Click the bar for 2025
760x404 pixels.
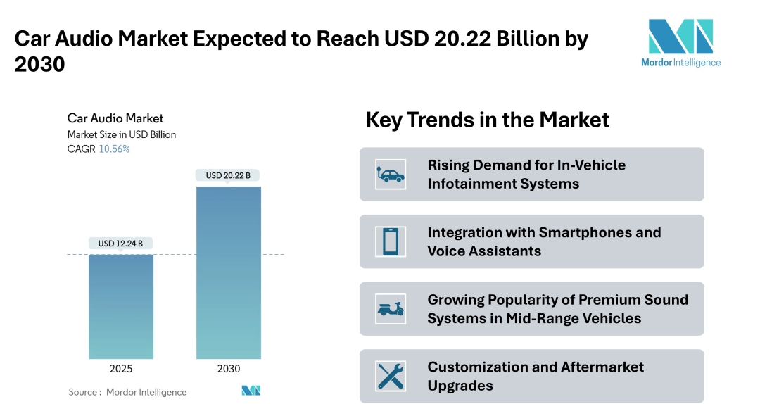click(120, 306)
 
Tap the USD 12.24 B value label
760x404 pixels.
click(120, 244)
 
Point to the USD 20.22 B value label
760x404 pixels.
click(228, 175)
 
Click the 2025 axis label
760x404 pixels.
click(120, 368)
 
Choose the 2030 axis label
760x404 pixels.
click(228, 368)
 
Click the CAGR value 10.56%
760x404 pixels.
click(114, 149)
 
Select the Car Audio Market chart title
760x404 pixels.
click(115, 118)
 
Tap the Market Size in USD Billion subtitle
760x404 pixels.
click(122, 134)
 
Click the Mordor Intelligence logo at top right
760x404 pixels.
click(680, 42)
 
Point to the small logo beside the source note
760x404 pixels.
click(251, 391)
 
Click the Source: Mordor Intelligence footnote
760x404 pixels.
click(127, 391)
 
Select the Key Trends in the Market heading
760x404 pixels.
click(487, 120)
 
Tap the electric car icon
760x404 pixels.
click(391, 174)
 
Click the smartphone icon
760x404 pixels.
click(391, 241)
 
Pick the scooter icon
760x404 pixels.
click(391, 309)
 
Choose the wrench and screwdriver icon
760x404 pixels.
click(391, 376)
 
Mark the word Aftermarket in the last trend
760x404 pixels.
click(602, 367)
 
